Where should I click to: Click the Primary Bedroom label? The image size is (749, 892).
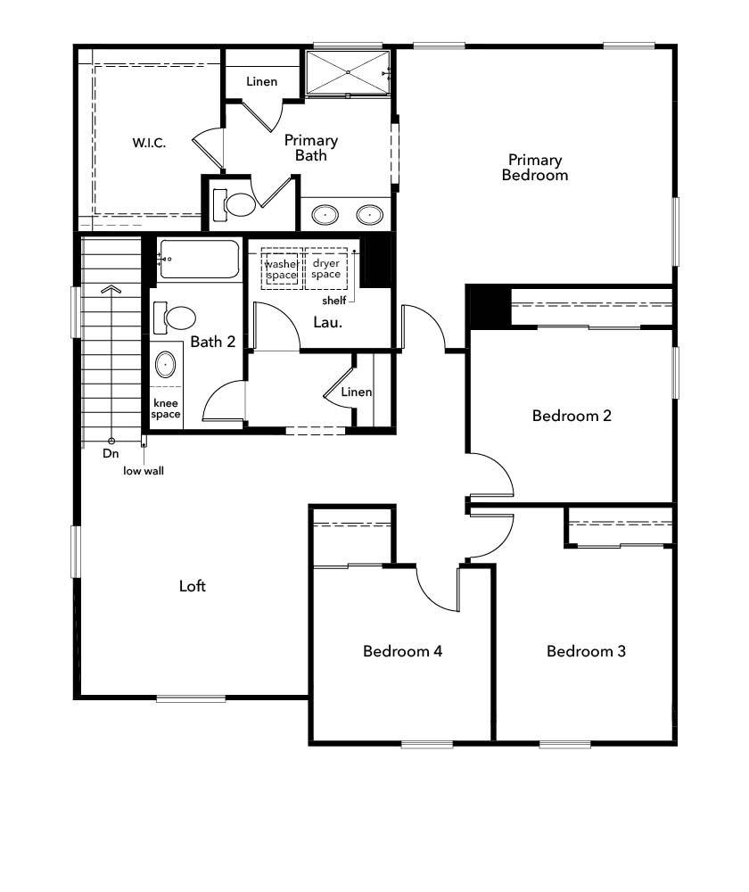point(535,168)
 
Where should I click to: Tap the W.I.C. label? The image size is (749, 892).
point(149,143)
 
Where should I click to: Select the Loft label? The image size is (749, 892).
point(193,586)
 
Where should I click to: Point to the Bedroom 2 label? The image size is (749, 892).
point(572,416)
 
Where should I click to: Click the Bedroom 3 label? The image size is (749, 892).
point(586,651)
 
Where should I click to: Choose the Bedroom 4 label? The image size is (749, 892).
point(403,651)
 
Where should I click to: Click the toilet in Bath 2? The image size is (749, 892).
point(179,318)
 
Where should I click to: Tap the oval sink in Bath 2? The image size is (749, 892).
point(166,365)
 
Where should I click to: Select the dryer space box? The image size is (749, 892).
point(326,268)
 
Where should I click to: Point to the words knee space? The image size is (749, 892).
point(166,409)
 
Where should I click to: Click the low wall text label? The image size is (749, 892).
point(144,470)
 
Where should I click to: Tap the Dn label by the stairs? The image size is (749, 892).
point(111,453)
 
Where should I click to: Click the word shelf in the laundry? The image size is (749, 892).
point(334,301)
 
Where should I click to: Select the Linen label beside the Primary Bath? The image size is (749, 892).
point(262,82)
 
